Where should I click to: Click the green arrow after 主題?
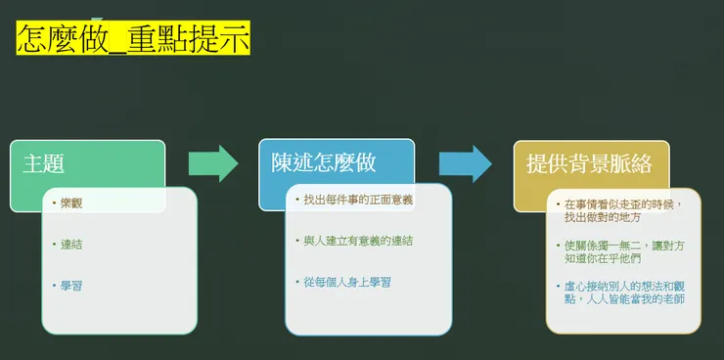point(212,163)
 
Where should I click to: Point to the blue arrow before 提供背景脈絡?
point(465,163)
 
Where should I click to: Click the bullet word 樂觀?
point(71,203)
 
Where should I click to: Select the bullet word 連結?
point(71,245)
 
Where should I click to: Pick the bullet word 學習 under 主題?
point(71,285)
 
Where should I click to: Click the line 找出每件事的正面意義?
point(358,200)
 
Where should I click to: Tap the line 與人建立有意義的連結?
point(358,240)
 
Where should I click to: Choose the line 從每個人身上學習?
point(347,282)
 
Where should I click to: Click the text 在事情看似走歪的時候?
point(623,203)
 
